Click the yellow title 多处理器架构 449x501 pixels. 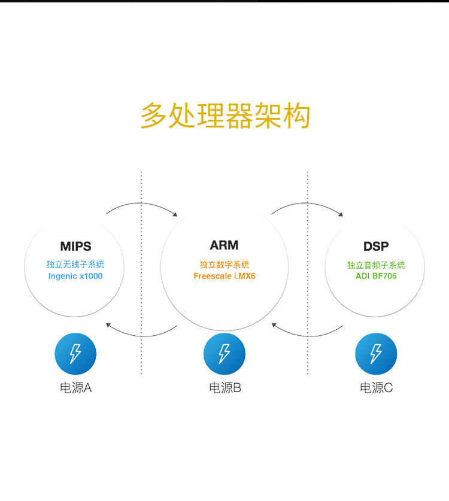225,116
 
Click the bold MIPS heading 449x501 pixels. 75,246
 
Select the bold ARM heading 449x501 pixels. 224,245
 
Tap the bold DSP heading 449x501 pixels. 376,246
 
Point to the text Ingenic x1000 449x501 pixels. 75,276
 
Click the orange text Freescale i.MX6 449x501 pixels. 224,276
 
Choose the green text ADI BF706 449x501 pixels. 376,276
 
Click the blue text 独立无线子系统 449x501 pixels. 75,264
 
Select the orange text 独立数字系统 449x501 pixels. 224,265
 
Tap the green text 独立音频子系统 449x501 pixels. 376,265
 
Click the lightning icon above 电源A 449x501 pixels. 75,354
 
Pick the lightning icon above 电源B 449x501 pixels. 224,354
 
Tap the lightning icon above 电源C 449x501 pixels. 376,354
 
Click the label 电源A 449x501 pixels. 75,388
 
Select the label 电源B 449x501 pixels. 224,388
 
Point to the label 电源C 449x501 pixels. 376,388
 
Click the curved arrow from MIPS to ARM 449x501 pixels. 142,204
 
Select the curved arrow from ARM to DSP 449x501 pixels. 307,204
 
